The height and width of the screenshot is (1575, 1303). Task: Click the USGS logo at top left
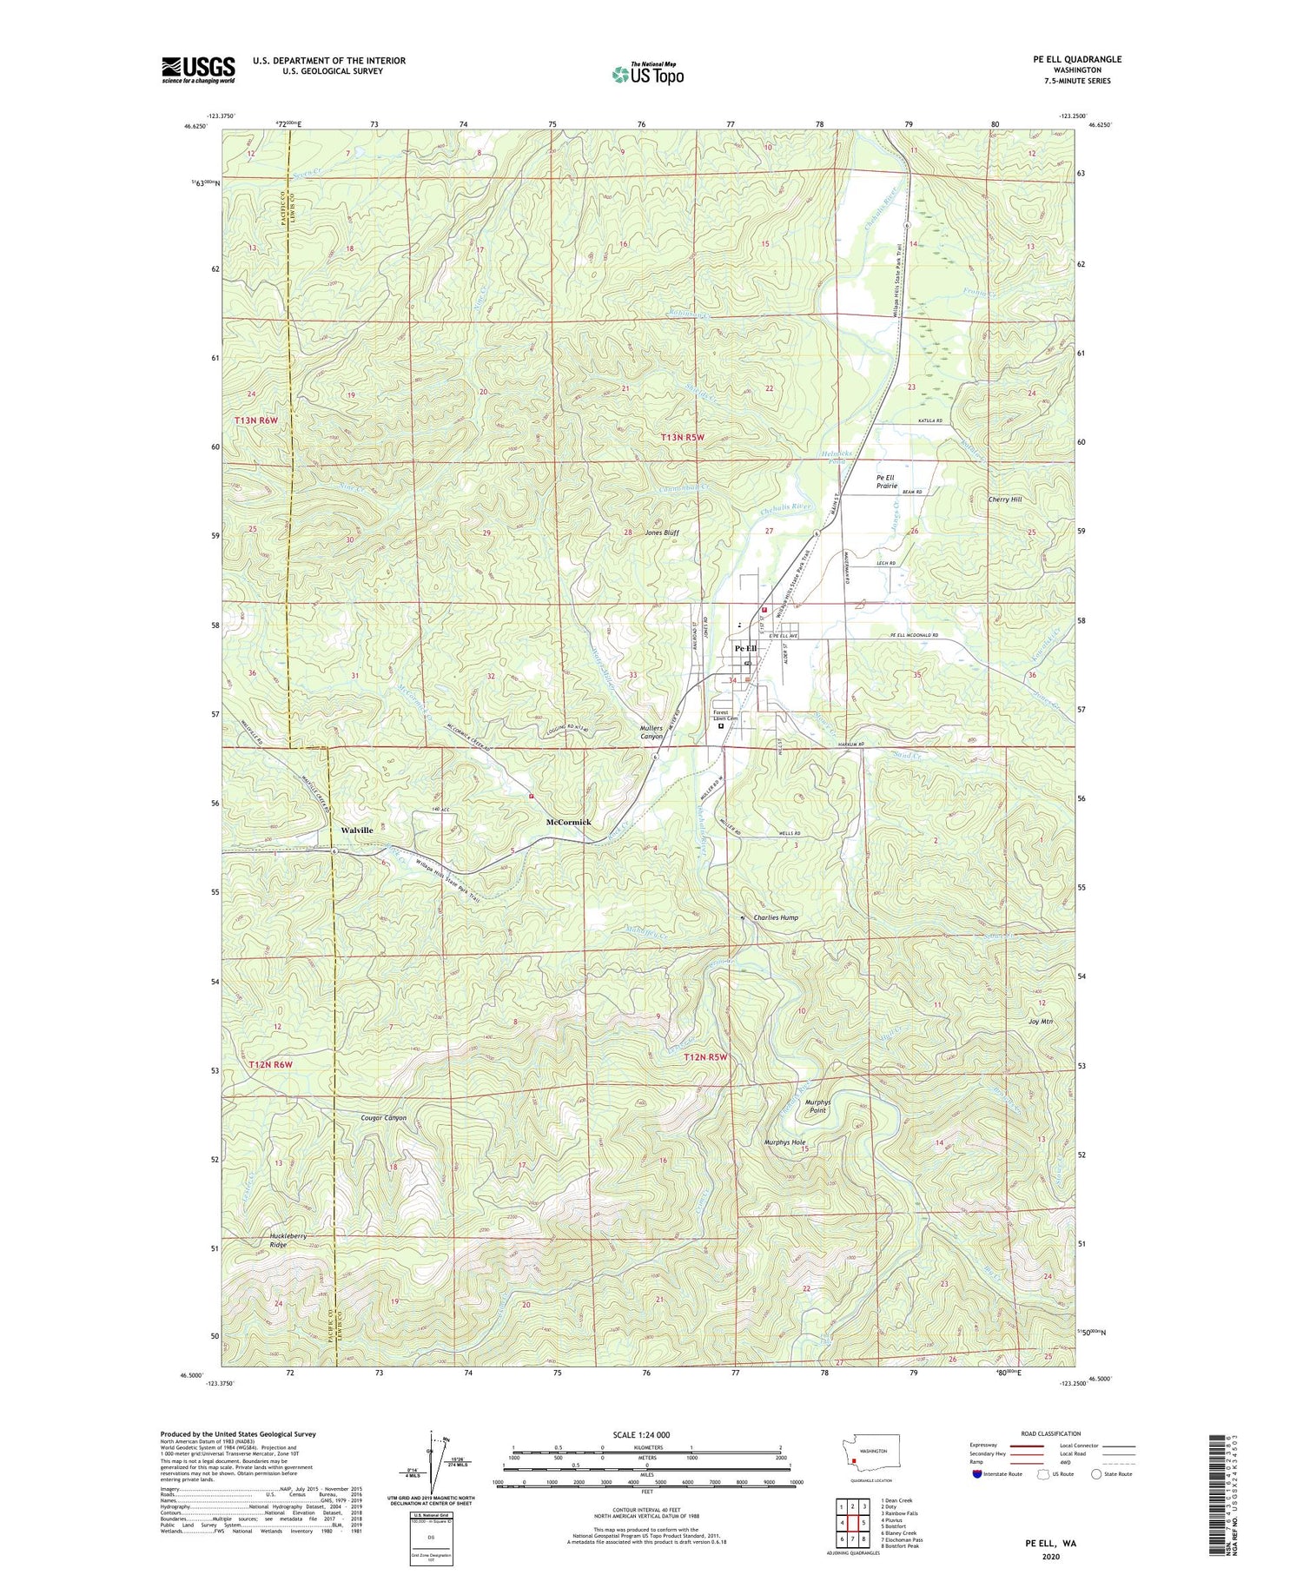pyautogui.click(x=198, y=69)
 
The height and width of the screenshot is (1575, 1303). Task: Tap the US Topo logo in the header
pyautogui.click(x=647, y=74)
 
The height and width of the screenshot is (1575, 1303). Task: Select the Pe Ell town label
pyautogui.click(x=745, y=648)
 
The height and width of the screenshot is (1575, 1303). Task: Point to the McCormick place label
pyautogui.click(x=568, y=822)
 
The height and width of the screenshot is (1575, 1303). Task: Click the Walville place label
pyautogui.click(x=356, y=831)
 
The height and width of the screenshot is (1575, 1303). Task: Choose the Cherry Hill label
pyautogui.click(x=1005, y=500)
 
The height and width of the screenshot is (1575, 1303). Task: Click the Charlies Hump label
pyautogui.click(x=776, y=917)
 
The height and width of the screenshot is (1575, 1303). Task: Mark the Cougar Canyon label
pyautogui.click(x=383, y=1118)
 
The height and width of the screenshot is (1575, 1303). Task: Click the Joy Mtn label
pyautogui.click(x=1040, y=1022)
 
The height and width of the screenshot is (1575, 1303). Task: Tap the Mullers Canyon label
pyautogui.click(x=645, y=731)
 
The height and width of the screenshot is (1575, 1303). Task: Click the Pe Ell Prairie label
pyautogui.click(x=885, y=481)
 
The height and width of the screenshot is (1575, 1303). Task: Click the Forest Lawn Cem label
pyautogui.click(x=725, y=715)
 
